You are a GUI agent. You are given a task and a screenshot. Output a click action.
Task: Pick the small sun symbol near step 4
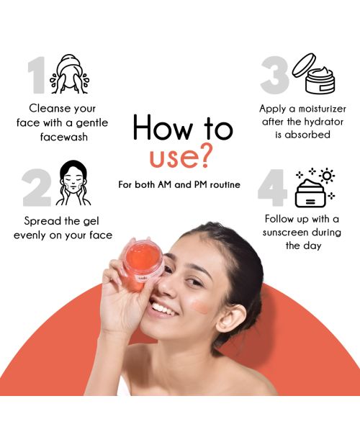[328, 176]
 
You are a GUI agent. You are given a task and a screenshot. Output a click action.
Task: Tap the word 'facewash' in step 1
[63, 136]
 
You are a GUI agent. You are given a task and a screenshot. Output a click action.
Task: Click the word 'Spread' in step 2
[45, 221]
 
